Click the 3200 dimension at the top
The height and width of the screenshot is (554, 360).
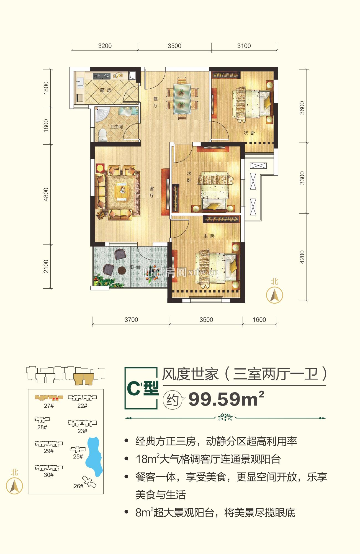[105, 46]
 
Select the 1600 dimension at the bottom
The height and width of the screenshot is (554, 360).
[259, 320]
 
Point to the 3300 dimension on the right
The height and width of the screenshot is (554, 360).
[302, 178]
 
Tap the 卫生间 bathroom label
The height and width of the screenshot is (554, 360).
[116, 127]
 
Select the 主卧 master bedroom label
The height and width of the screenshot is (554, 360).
[209, 236]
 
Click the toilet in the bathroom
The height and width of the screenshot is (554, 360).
[103, 134]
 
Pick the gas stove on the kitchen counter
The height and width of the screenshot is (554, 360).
[101, 75]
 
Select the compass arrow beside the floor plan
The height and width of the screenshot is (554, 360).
[274, 295]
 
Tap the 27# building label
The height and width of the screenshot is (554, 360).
[49, 406]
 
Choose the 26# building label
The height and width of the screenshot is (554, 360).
[78, 486]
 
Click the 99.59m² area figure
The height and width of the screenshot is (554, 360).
[226, 399]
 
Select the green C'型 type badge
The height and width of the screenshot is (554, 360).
[142, 388]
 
